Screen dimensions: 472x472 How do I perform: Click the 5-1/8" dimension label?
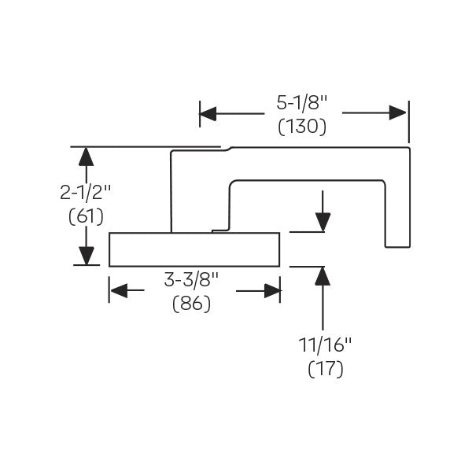point(303,103)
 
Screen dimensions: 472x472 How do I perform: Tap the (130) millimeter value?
point(303,126)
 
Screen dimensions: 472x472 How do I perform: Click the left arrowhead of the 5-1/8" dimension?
point(208,113)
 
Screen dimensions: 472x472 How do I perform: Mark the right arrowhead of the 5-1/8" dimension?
point(398,113)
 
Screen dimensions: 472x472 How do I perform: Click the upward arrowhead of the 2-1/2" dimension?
point(87,156)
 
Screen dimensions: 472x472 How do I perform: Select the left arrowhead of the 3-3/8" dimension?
point(118,291)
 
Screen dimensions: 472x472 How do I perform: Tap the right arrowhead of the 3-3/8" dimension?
point(272,291)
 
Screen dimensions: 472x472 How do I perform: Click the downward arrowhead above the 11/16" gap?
point(322,223)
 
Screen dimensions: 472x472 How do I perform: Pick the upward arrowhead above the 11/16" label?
point(322,276)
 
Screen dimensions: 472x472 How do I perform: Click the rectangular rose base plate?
point(194,249)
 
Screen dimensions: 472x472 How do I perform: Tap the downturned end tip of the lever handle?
point(397,240)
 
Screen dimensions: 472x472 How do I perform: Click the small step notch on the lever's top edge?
point(226,147)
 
